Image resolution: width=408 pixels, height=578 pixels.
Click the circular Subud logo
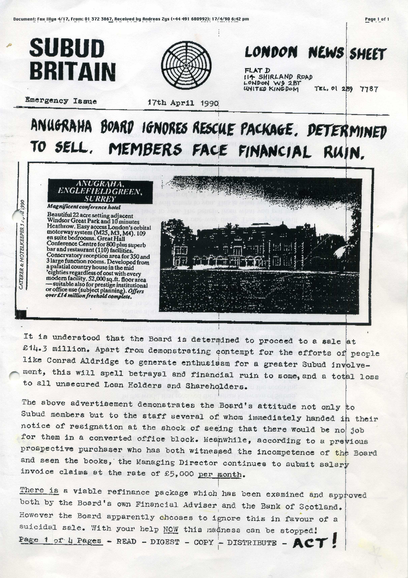(186, 65)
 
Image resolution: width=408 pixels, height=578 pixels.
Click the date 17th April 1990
(183, 103)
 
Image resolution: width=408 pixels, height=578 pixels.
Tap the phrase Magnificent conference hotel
(84, 207)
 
